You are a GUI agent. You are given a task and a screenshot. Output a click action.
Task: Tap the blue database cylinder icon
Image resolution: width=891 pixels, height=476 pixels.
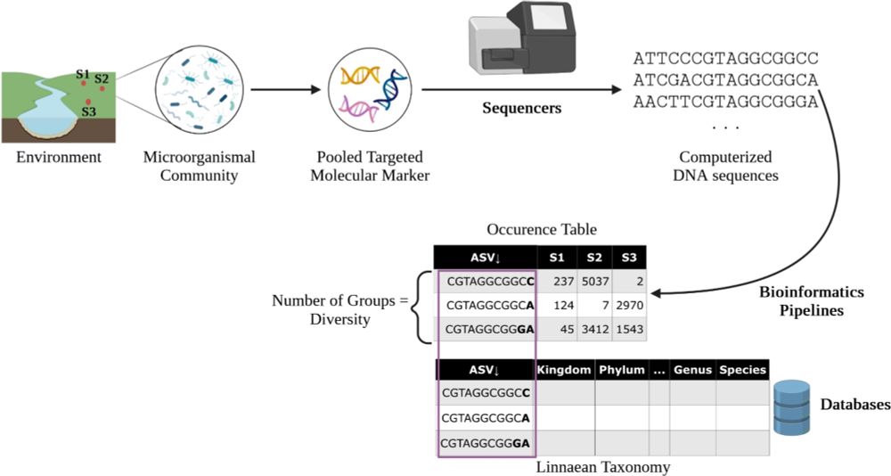click(792, 407)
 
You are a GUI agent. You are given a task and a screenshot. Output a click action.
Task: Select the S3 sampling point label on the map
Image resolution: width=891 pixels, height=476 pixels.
click(88, 111)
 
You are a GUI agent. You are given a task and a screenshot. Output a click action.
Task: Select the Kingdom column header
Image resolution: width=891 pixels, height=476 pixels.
click(565, 370)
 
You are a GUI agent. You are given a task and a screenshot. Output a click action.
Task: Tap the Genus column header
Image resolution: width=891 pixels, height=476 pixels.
click(691, 370)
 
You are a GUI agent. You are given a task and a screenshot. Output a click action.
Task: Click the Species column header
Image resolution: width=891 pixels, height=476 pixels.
click(741, 370)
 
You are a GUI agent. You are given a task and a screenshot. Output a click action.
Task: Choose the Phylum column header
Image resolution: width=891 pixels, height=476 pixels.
click(622, 370)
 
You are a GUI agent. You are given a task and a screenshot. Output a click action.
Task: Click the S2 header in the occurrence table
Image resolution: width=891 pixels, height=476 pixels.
click(593, 258)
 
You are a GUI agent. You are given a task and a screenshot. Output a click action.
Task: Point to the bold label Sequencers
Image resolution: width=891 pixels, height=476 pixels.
click(522, 109)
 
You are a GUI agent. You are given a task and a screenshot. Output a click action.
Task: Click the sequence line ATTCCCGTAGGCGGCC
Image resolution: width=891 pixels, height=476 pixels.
click(724, 60)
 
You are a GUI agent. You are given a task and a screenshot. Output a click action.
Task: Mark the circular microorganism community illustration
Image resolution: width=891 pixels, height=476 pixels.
click(199, 91)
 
